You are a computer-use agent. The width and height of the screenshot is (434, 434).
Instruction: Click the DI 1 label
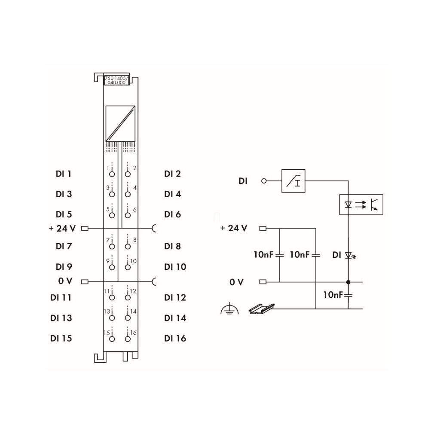point(64,174)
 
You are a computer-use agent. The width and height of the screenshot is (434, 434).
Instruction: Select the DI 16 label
point(175,338)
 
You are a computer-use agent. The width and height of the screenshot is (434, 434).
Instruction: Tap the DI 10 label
point(175,267)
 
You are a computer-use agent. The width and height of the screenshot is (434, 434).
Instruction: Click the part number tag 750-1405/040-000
point(116,80)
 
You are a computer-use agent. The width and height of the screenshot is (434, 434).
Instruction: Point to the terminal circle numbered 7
point(112,246)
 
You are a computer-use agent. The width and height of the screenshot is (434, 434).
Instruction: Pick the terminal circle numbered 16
point(128,339)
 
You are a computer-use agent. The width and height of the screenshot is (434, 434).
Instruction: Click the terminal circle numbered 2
point(128,174)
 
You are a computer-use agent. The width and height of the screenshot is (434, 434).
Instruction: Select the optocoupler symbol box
point(361,205)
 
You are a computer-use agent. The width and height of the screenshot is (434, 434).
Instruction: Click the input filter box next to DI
point(293,181)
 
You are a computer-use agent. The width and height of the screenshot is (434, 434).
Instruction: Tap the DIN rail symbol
point(261,309)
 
